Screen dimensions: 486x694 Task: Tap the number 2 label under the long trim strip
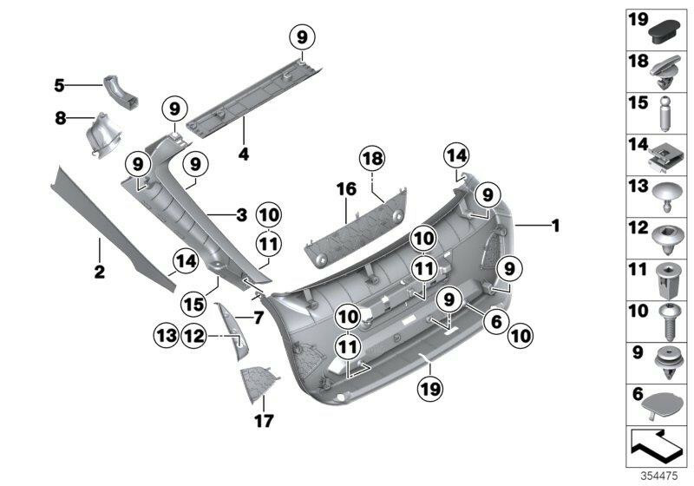click(x=99, y=273)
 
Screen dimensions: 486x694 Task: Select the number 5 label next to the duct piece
click(x=59, y=85)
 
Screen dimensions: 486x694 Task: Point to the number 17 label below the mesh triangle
click(x=264, y=422)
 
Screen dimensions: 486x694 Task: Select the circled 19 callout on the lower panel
click(x=426, y=391)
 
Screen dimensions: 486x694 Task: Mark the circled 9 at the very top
click(x=302, y=37)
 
